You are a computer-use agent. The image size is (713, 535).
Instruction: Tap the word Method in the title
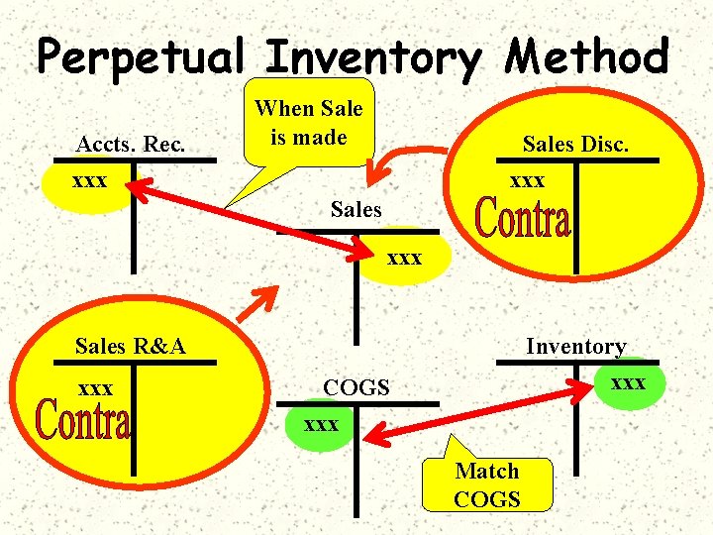(x=587, y=56)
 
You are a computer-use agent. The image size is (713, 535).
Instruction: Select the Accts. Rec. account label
(x=130, y=145)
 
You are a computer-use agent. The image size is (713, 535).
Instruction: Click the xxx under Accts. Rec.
(x=91, y=183)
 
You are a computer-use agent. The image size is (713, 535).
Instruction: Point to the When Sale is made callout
(x=309, y=123)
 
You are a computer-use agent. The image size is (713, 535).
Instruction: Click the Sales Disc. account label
(x=575, y=145)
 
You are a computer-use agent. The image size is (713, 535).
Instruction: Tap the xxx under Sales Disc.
(x=527, y=181)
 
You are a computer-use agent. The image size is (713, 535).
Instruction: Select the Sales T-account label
(x=356, y=209)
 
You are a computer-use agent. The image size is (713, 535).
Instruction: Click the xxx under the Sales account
(x=405, y=259)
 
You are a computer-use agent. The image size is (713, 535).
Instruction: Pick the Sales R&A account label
(x=131, y=346)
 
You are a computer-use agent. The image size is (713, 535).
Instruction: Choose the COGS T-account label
(x=356, y=387)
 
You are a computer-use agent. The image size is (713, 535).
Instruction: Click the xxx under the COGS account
(x=321, y=424)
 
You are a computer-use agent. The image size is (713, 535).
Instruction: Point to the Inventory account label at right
(x=575, y=346)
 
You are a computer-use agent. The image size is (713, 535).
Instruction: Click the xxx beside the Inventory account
(x=628, y=381)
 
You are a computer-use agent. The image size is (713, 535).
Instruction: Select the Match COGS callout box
(x=486, y=484)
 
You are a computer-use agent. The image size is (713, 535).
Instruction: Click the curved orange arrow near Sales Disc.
(x=417, y=162)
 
